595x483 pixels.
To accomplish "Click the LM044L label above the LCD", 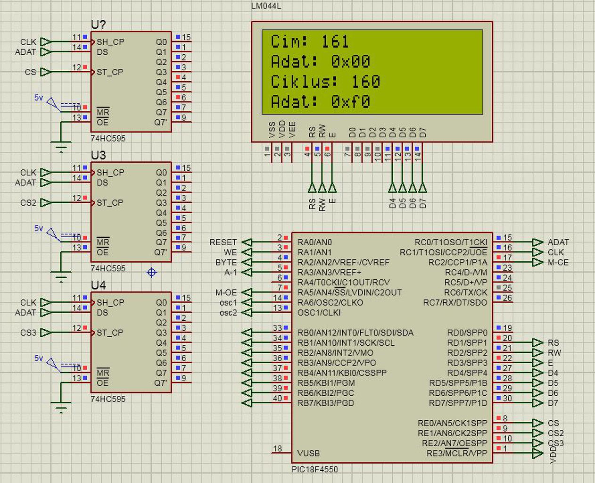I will click(x=266, y=6).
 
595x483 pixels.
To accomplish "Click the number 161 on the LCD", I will click(x=335, y=42).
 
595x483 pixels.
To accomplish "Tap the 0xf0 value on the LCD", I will click(x=350, y=102).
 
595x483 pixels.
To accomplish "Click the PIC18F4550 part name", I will click(x=314, y=469).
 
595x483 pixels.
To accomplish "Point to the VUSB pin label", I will click(x=308, y=453).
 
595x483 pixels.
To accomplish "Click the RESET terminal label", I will click(x=223, y=242).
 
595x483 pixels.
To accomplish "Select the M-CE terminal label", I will click(x=558, y=262).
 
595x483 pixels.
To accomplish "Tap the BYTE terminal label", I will click(x=226, y=262).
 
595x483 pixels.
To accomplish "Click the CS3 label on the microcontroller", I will click(x=555, y=443).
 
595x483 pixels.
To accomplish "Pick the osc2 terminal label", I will click(x=228, y=312).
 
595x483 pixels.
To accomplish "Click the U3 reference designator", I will click(x=98, y=155).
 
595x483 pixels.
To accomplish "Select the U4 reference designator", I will click(x=98, y=285).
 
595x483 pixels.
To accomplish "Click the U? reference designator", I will click(x=98, y=25).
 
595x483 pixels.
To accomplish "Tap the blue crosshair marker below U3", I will click(x=152, y=272).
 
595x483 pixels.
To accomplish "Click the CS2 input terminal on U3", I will click(x=28, y=202).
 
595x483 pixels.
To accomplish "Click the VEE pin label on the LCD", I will click(x=292, y=129).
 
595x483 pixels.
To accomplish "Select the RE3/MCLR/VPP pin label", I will click(x=456, y=453).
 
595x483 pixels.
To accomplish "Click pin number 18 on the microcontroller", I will click(x=278, y=449).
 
